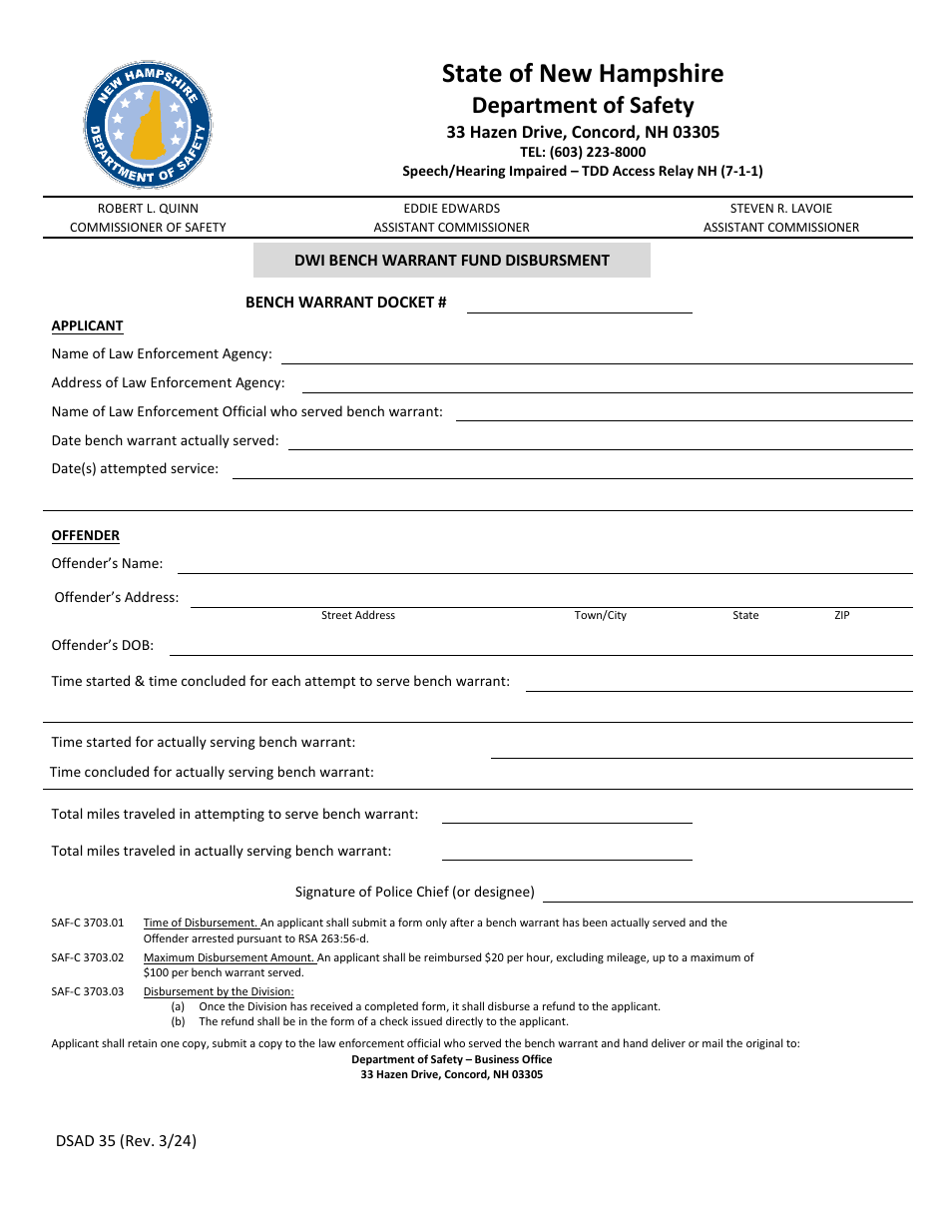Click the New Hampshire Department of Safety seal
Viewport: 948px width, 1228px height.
coord(148,125)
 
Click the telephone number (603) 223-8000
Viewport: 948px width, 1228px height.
coord(582,152)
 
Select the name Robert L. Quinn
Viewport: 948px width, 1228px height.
coord(148,209)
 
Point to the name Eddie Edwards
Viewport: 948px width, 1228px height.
coord(451,209)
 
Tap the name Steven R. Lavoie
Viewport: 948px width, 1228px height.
coord(780,209)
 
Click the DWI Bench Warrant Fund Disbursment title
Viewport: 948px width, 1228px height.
coord(451,261)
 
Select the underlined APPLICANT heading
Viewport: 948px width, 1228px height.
coord(87,326)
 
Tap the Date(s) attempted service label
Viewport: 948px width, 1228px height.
coord(135,469)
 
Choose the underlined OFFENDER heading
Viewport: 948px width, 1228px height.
coord(85,536)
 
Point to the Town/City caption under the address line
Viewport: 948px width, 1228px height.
coord(600,616)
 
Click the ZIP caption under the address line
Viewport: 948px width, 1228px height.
coord(841,616)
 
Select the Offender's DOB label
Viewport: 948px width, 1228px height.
coord(103,646)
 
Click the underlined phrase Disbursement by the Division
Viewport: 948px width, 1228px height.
coord(219,992)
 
